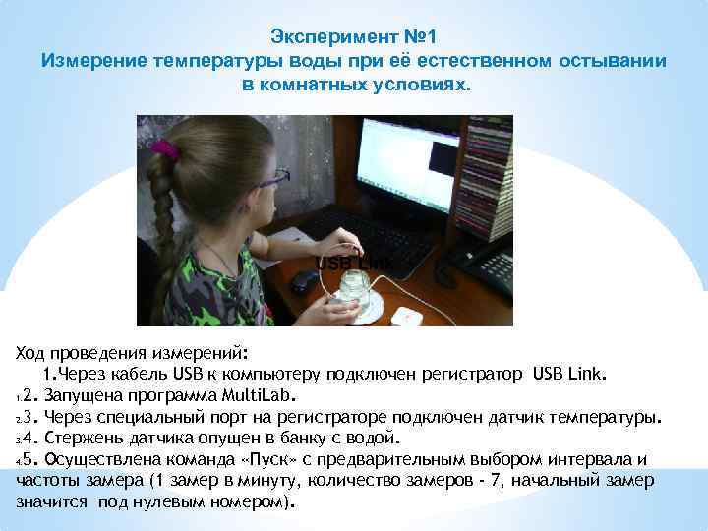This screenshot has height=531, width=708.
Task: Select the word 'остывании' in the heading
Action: [611, 61]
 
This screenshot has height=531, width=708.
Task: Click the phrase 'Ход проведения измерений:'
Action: [133, 352]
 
